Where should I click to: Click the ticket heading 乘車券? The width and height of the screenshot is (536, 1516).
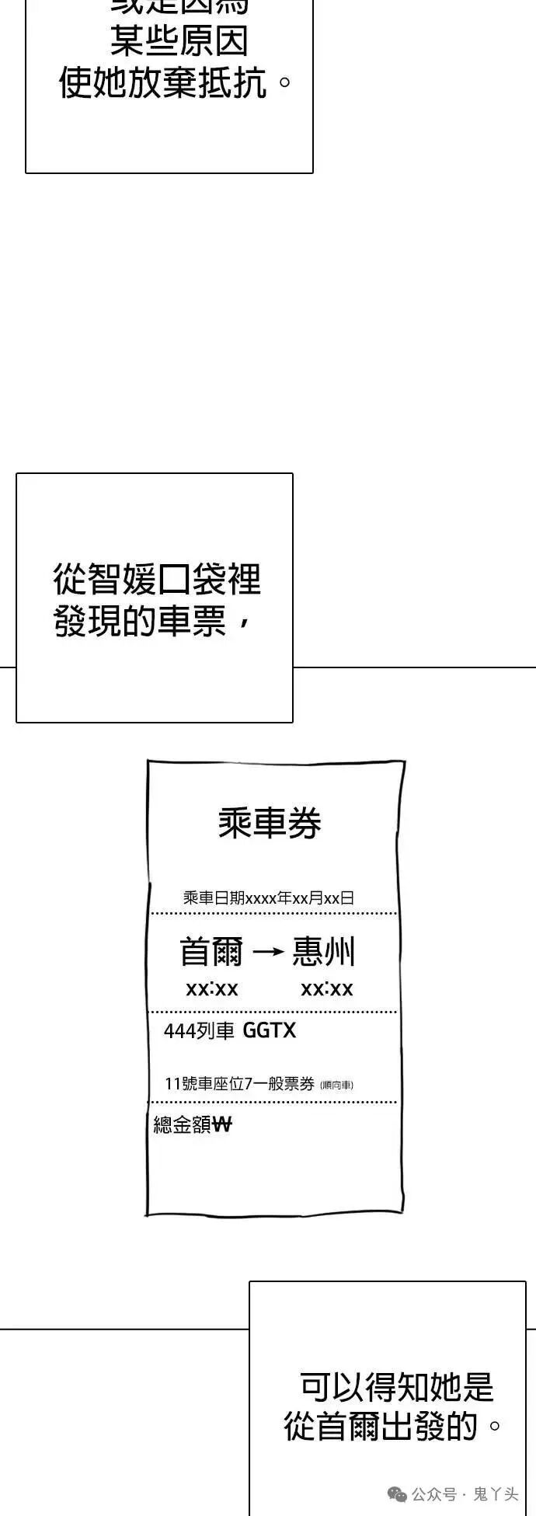pos(270,823)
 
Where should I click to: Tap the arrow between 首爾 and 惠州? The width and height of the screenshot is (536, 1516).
pos(268,952)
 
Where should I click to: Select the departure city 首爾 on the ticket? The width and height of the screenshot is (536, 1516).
pos(211,952)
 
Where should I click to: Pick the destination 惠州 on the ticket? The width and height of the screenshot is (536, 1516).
pos(324,952)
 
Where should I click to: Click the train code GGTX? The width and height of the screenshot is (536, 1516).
pos(270,1030)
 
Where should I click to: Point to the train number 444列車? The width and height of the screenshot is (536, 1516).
pos(199,1031)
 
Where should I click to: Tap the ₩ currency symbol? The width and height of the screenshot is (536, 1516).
pos(221,1124)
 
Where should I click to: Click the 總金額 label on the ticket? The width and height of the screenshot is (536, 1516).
pos(182,1124)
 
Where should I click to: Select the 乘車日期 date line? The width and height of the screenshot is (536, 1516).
pos(269,897)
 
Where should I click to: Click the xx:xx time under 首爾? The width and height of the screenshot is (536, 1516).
pos(212,989)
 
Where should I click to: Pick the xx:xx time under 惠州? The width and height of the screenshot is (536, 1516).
pos(327,989)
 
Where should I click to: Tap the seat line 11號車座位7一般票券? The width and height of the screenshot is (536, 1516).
pos(239,1083)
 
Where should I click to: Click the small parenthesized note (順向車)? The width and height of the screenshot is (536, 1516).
pos(336,1085)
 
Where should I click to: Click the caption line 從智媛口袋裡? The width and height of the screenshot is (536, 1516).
pos(156,580)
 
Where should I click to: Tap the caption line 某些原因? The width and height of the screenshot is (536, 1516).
pos(179,40)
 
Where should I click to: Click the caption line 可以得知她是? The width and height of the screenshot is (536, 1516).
pos(396,1385)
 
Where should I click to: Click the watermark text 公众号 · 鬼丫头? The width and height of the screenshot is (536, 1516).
pos(464,1493)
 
